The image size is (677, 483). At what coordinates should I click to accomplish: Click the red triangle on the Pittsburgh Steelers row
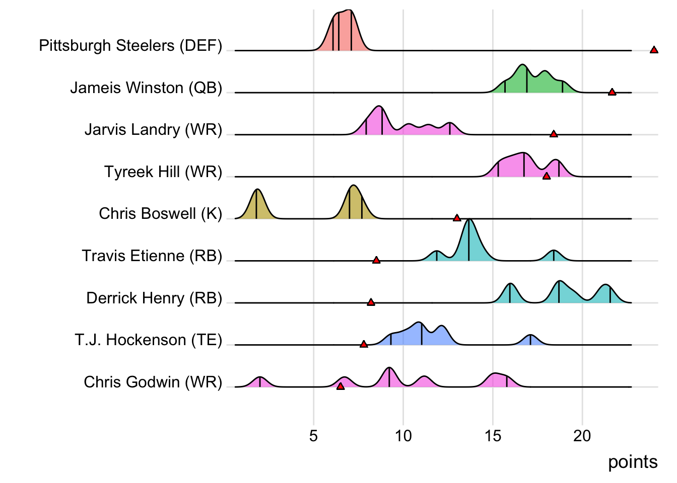[654, 50]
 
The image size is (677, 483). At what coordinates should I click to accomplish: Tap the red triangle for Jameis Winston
[612, 92]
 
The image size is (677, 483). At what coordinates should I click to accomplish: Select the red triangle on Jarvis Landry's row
[554, 134]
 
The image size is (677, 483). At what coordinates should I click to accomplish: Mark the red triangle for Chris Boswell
[457, 218]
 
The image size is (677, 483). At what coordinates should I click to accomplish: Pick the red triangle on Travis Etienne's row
[376, 260]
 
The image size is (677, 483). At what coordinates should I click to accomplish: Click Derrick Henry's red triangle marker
[371, 302]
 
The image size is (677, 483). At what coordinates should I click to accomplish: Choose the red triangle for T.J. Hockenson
[364, 344]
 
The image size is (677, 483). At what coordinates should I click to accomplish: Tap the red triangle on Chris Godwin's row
[341, 386]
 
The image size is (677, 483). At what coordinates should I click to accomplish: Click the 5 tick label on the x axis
[313, 436]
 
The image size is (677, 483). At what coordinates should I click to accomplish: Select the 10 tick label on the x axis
[403, 436]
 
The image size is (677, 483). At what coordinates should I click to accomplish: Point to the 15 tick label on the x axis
[493, 436]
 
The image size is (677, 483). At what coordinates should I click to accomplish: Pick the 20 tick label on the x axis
[582, 436]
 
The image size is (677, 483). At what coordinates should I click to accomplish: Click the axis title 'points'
[633, 462]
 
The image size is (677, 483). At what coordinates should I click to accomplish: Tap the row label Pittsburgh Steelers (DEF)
[130, 46]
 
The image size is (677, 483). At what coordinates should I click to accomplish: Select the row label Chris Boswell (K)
[160, 214]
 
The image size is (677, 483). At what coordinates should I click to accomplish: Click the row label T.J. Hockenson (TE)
[149, 340]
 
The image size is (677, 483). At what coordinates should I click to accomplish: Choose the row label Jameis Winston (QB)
[146, 88]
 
